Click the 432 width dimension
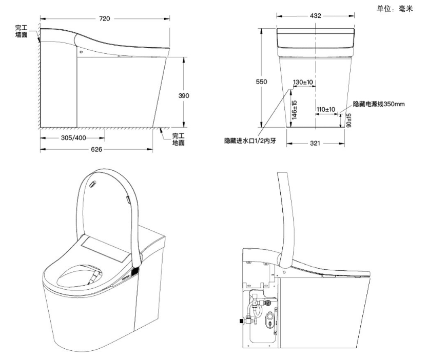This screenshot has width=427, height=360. (316, 16)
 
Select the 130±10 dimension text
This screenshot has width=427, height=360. (303, 82)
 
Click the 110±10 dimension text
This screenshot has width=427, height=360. (325, 109)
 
